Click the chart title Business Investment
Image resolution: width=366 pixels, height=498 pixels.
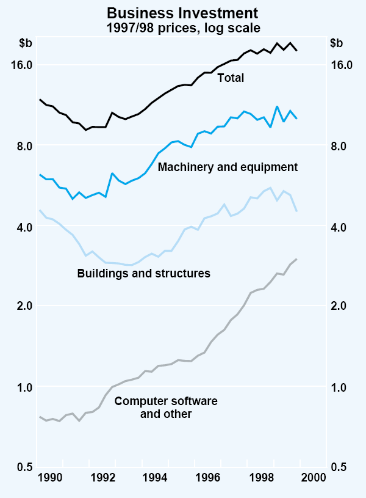pyautogui.click(x=182, y=12)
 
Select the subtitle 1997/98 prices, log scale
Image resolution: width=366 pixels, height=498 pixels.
pyautogui.click(x=182, y=27)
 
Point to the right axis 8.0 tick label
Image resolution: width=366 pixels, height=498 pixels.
pyautogui.click(x=342, y=146)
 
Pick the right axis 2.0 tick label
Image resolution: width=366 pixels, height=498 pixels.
pyautogui.click(x=342, y=306)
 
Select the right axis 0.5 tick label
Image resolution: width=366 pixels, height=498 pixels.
pyautogui.click(x=342, y=467)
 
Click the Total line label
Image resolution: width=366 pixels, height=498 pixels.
pyautogui.click(x=231, y=78)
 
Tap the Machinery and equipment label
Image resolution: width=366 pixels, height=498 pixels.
pyautogui.click(x=228, y=167)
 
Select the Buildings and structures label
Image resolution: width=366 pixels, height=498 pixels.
pyautogui.click(x=144, y=273)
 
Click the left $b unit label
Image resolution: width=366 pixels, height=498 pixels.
pyautogui.click(x=26, y=43)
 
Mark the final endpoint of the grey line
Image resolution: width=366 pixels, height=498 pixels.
pyautogui.click(x=296, y=259)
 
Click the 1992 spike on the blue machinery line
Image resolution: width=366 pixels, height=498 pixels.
pyautogui.click(x=112, y=173)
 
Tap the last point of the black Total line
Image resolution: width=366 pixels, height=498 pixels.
pyautogui.click(x=296, y=50)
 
